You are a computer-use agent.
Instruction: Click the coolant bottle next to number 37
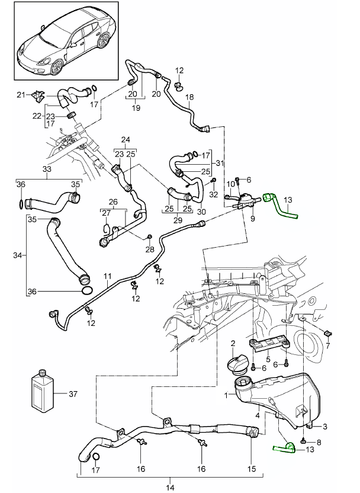41,392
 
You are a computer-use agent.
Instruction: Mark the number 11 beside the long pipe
108,277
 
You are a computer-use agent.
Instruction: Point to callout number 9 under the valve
252,219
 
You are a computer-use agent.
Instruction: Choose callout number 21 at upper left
20,95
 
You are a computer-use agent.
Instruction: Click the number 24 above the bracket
125,140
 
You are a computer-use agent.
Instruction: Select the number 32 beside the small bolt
214,193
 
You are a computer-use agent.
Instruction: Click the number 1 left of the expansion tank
226,395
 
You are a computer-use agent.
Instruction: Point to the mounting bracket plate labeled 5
269,344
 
